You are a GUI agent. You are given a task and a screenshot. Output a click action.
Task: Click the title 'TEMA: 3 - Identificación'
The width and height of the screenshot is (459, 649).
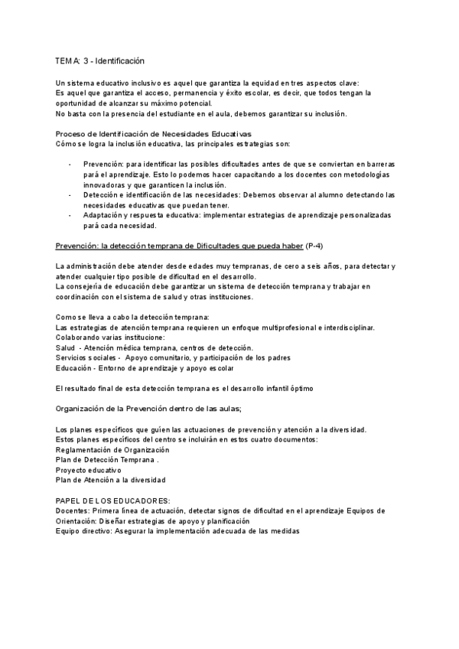[100, 60]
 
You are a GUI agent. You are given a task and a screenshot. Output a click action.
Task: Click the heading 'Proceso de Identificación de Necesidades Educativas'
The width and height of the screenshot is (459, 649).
[154, 133]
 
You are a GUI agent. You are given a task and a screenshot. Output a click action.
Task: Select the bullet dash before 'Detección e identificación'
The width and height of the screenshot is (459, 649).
[70, 195]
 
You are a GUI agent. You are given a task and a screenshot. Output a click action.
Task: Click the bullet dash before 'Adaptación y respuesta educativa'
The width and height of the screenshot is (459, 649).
[70, 216]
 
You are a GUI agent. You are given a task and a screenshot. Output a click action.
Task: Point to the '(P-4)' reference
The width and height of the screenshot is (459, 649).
[314, 245]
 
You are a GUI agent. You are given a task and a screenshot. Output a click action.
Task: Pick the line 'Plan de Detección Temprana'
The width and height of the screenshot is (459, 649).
[106, 460]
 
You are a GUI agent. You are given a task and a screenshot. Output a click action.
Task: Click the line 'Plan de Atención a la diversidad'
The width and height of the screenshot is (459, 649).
[110, 480]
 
